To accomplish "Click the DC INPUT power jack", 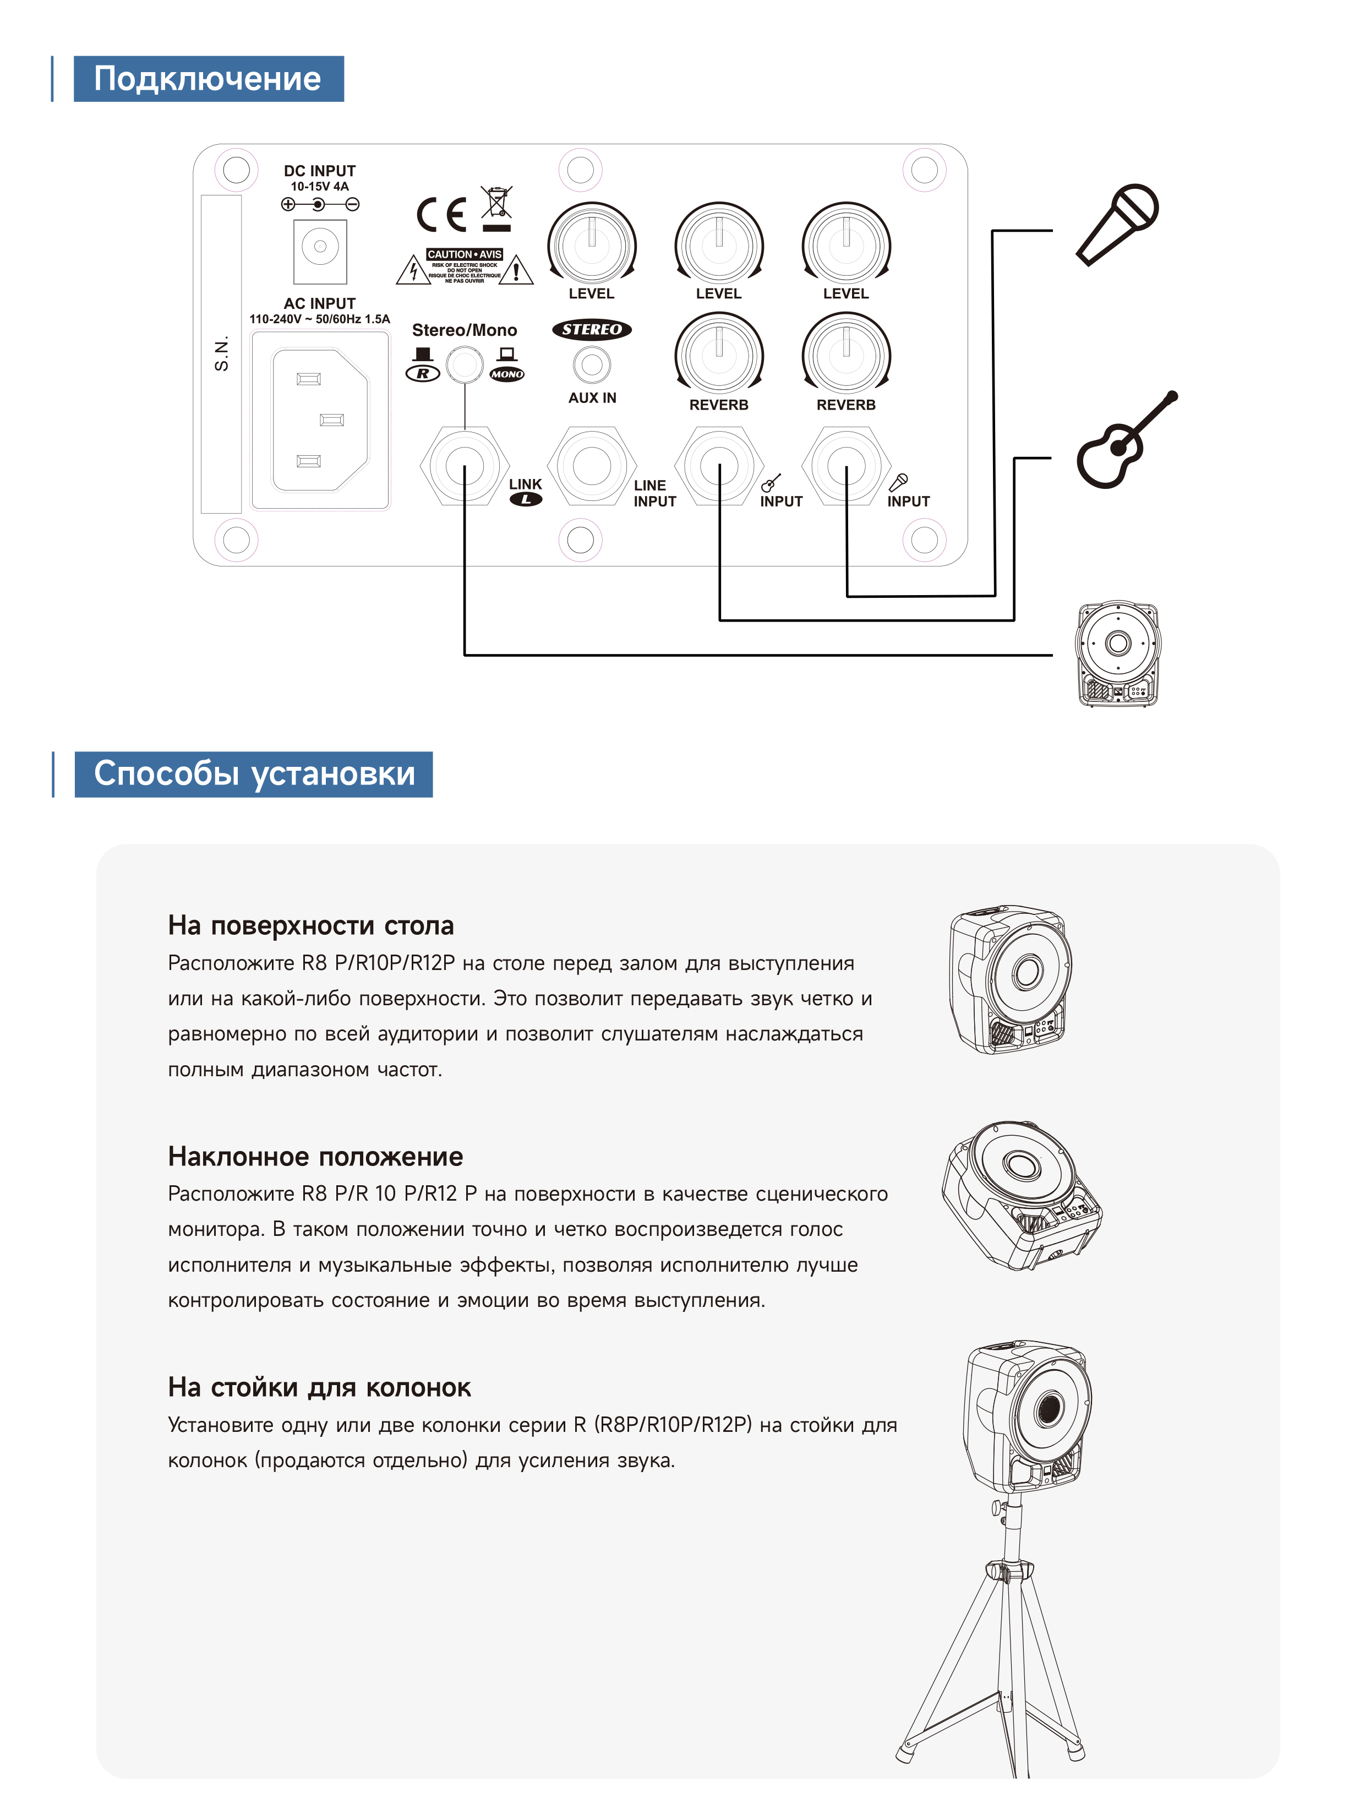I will point(320,247).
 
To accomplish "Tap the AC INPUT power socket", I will point(320,419).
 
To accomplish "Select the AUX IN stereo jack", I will point(592,364).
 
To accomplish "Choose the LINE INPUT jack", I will point(592,466).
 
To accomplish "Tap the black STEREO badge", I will point(592,329).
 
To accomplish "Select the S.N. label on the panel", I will point(221,354).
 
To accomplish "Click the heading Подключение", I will point(208,79).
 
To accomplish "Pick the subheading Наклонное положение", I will point(315,1156).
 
